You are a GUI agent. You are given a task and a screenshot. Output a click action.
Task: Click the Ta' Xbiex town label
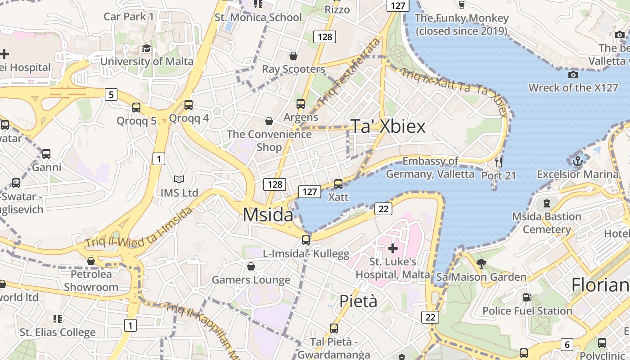point(387,126)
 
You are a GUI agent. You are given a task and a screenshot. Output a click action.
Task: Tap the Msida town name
point(268,215)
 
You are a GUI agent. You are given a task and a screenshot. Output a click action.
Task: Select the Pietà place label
point(358,301)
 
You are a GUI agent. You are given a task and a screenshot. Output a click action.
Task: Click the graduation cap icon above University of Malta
point(146,49)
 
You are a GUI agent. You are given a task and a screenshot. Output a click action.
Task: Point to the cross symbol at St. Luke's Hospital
point(393,248)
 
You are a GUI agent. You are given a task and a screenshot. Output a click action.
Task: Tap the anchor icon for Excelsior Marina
point(577,161)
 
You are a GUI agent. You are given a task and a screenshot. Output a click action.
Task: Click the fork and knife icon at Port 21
point(498,162)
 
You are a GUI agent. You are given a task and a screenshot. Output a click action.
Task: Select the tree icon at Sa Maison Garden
point(481,263)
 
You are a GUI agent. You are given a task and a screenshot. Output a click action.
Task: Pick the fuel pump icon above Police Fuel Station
point(527,297)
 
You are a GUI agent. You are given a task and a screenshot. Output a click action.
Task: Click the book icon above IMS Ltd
point(179,180)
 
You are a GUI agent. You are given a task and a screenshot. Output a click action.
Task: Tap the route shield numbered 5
point(111,94)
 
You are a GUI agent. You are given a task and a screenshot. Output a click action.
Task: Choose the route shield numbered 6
point(567,345)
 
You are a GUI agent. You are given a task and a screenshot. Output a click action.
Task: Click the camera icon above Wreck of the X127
point(573,75)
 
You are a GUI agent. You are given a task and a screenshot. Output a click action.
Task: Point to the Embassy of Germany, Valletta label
point(430,167)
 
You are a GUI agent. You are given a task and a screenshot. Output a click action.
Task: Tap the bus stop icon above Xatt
point(338,184)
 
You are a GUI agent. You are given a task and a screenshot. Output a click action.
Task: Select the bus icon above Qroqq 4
point(189,105)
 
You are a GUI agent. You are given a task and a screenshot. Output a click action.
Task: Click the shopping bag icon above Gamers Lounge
point(251,267)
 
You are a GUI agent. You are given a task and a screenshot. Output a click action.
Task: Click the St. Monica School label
point(258,18)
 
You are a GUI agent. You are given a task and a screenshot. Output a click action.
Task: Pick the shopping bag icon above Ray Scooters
point(293,56)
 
